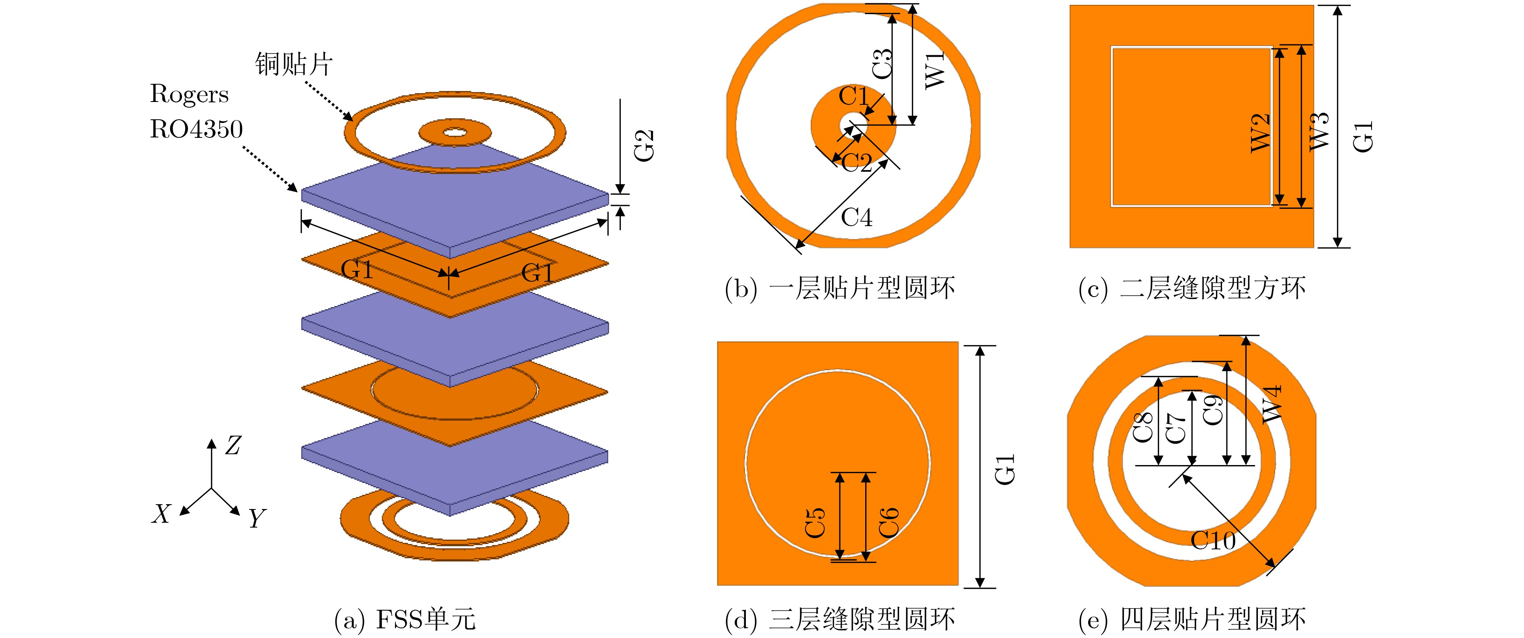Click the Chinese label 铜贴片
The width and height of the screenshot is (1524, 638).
click(294, 64)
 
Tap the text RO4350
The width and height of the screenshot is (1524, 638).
click(196, 129)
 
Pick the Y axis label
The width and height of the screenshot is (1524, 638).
click(257, 519)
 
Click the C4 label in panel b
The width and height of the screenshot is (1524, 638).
click(856, 218)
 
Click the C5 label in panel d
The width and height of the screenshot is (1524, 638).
click(815, 523)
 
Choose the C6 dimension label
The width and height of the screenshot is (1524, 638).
click(889, 523)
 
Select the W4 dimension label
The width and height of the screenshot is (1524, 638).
click(1271, 404)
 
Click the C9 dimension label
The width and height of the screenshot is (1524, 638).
click(1213, 410)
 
